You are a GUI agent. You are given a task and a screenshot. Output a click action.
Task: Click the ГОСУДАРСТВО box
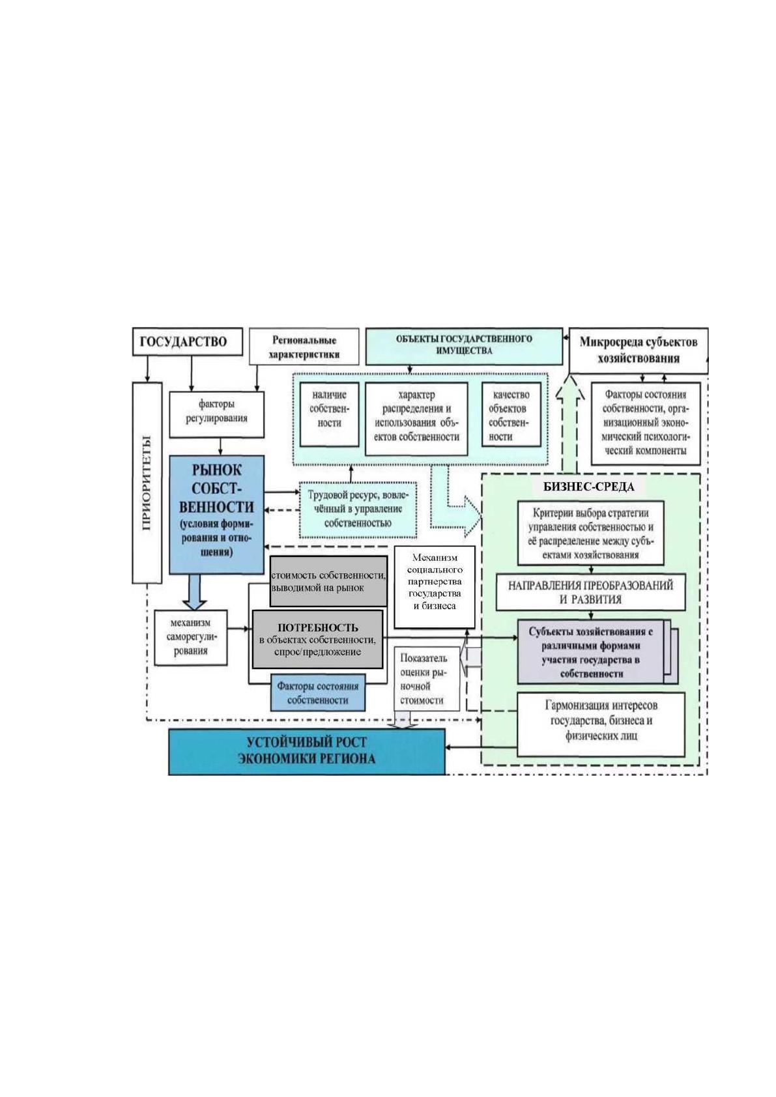pyautogui.click(x=188, y=341)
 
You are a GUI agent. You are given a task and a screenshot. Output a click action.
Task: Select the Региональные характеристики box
pyautogui.click(x=304, y=347)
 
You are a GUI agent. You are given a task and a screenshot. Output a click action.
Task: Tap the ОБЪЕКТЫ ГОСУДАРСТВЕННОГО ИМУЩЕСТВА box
pyautogui.click(x=464, y=347)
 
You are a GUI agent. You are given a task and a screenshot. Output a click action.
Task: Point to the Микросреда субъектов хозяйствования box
pyautogui.click(x=639, y=350)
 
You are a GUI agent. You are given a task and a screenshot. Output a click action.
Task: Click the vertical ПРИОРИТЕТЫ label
pyautogui.click(x=147, y=483)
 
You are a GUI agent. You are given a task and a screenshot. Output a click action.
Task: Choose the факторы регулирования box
pyautogui.click(x=216, y=414)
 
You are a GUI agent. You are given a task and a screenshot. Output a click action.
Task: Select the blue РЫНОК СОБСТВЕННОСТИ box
pyautogui.click(x=216, y=514)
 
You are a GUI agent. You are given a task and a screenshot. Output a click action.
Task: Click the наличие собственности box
pyautogui.click(x=329, y=415)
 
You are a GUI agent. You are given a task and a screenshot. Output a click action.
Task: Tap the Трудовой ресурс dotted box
pyautogui.click(x=358, y=509)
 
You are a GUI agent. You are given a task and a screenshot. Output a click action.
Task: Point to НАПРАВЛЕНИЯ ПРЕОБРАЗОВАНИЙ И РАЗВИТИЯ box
pyautogui.click(x=590, y=592)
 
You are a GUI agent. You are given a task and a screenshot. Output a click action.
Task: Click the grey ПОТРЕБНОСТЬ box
pyautogui.click(x=317, y=639)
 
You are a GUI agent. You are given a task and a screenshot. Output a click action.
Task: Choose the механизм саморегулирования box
pyautogui.click(x=190, y=637)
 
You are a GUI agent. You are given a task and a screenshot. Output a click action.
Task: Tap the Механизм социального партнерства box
pyautogui.click(x=435, y=587)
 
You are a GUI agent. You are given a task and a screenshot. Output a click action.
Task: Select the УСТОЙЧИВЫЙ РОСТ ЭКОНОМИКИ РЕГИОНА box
pyautogui.click(x=307, y=751)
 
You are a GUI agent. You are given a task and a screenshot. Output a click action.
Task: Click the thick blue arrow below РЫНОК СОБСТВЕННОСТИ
pyautogui.click(x=195, y=591)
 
